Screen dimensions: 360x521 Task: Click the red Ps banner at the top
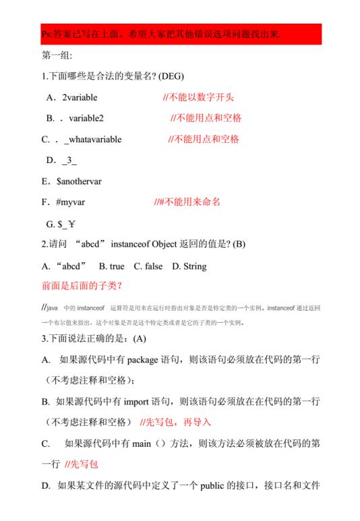pyautogui.click(x=179, y=34)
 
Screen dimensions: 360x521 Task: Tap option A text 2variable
pyautogui.click(x=80, y=98)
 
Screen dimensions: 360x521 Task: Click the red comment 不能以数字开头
pyautogui.click(x=198, y=98)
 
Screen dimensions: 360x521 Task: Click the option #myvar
pyautogui.click(x=71, y=202)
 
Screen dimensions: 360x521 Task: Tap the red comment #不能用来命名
pyautogui.click(x=187, y=202)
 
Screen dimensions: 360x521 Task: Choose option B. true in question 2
pyautogui.click(x=112, y=266)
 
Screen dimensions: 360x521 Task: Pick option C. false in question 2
pyautogui.click(x=144, y=266)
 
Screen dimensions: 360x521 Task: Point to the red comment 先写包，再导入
pyautogui.click(x=175, y=422)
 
